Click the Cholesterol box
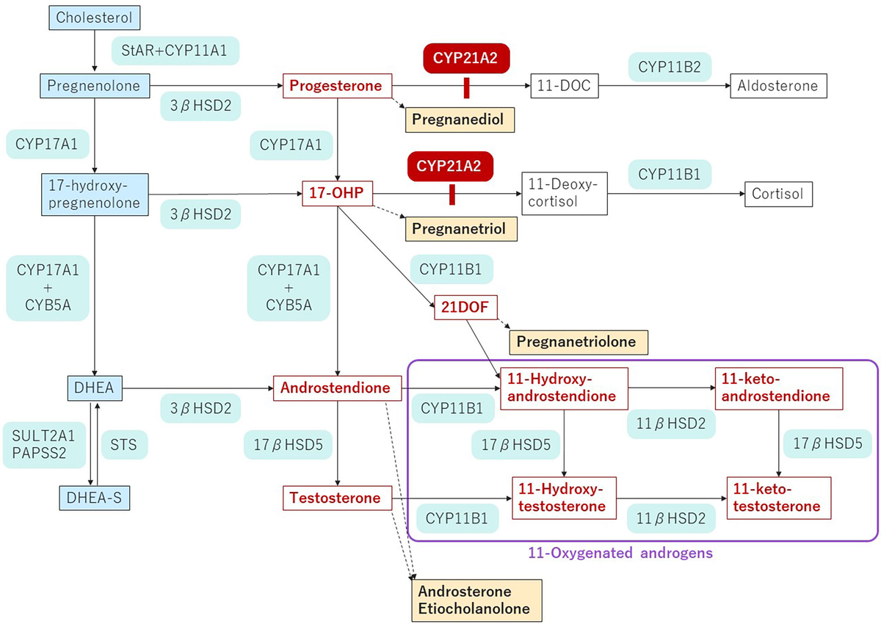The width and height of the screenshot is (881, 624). (x=94, y=18)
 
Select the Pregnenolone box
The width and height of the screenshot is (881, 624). (x=94, y=86)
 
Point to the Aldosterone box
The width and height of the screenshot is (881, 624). (x=778, y=86)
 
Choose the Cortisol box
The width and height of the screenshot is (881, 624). (x=778, y=194)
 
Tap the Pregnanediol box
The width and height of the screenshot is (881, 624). (x=459, y=119)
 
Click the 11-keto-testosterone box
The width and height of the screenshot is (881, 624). (x=778, y=498)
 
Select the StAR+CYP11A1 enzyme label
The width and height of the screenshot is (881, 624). (x=175, y=51)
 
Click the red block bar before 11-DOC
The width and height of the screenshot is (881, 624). (x=465, y=87)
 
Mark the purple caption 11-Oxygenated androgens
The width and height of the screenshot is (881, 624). (x=620, y=554)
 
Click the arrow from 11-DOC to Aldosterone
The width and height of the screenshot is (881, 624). (x=664, y=87)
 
